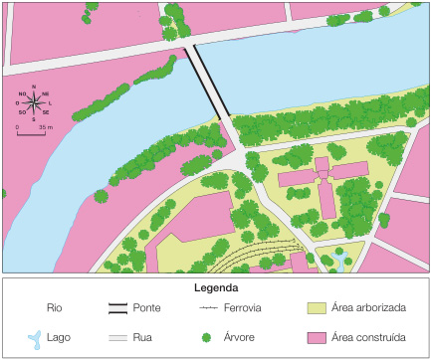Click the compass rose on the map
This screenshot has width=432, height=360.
pos(34,103)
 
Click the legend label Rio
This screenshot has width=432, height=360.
pos(54,307)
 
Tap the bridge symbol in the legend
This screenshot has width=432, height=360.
pos(119,307)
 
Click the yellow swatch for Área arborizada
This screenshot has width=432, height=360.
pos(316,307)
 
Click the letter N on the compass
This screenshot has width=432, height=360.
pos(34,87)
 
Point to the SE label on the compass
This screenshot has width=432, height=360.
pos(46,112)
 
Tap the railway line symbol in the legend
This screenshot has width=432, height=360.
pos(207,307)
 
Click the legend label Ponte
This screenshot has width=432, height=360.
pos(147,307)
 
